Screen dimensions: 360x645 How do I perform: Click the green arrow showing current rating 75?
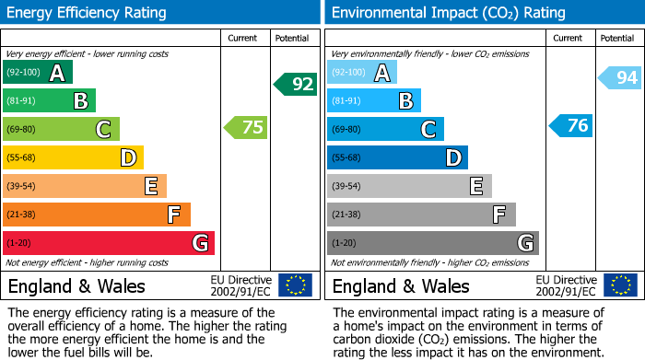pos(246,128)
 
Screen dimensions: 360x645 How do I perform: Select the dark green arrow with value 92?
pos(296,85)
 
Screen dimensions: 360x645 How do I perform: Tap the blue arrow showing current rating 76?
pos(571,125)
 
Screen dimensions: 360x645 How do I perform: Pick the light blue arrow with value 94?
pos(620,78)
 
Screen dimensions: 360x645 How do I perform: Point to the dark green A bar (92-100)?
pos(37,73)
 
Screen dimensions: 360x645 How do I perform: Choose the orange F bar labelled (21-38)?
pos(96,215)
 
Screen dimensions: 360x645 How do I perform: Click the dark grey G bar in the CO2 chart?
pos(432,243)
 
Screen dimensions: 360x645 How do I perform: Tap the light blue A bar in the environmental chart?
pos(362,73)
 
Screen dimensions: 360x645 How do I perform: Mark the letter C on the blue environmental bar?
pos(428,130)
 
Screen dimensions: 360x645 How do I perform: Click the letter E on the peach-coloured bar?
pos(150,187)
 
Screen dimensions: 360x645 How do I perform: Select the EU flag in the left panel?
pos(295,285)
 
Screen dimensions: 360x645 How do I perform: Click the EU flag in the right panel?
pos(620,285)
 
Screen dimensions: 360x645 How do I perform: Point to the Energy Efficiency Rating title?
pos(88,13)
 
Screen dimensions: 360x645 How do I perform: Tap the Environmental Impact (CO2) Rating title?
pos(448,13)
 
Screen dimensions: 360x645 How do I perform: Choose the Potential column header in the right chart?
pos(617,38)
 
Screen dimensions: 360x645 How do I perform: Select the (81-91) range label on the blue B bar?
pos(346,101)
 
